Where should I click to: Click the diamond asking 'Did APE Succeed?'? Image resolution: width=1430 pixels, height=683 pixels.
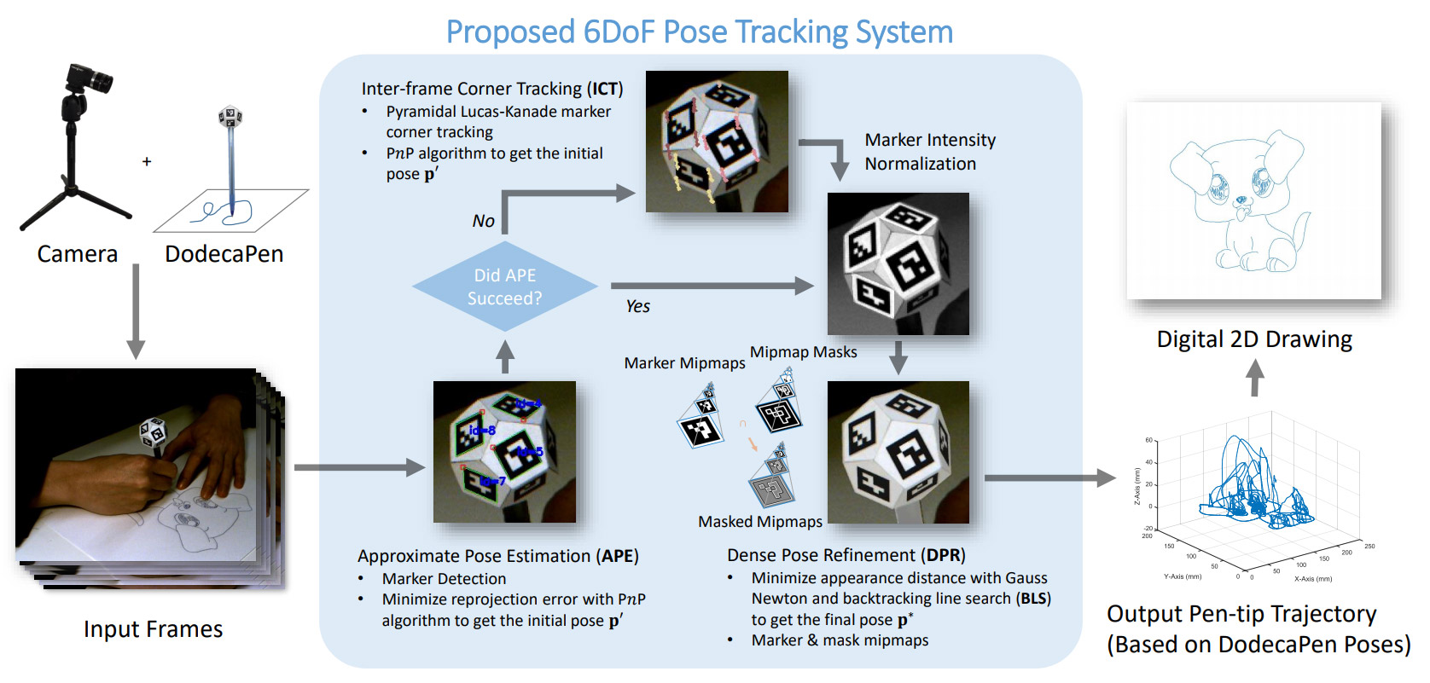(x=505, y=287)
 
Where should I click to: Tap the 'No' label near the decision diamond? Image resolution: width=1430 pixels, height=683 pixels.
(x=484, y=222)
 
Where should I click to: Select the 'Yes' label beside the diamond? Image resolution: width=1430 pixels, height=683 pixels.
(x=637, y=307)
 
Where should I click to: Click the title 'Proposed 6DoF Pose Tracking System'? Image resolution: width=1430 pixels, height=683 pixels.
(x=699, y=32)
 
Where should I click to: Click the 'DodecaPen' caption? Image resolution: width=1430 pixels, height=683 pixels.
(x=224, y=254)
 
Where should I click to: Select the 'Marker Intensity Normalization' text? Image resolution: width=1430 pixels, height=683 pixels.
(x=929, y=152)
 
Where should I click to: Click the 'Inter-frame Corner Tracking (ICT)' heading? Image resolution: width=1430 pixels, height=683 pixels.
(x=492, y=89)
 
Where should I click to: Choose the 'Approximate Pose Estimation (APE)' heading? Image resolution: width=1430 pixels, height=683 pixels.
(x=497, y=556)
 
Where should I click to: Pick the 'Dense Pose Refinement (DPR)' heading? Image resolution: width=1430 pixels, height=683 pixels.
(x=846, y=555)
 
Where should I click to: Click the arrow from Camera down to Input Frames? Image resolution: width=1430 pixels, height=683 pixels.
(x=136, y=311)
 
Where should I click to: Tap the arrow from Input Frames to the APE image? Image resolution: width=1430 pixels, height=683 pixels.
(x=359, y=467)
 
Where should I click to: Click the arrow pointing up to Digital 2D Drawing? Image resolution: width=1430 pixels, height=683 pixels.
(x=1254, y=378)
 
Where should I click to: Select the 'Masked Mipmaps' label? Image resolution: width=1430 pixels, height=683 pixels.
(x=760, y=522)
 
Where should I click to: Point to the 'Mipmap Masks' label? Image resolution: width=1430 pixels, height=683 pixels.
(x=803, y=352)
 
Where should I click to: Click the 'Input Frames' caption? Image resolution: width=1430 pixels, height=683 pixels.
(x=153, y=629)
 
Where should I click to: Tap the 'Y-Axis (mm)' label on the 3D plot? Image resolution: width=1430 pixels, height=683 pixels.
(x=1183, y=576)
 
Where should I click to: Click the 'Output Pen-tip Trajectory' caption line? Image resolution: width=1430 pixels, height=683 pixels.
(x=1241, y=614)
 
